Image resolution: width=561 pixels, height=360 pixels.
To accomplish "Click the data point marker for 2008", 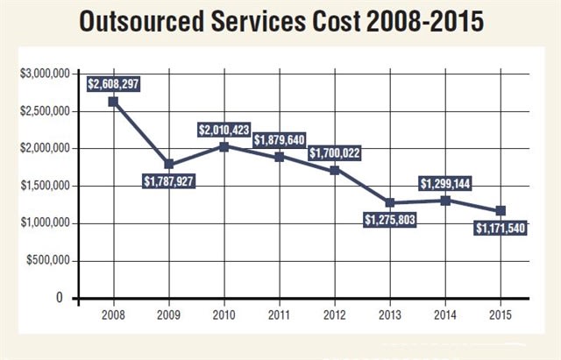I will pos(114,102).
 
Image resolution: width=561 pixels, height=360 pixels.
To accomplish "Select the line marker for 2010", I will pos(225,146).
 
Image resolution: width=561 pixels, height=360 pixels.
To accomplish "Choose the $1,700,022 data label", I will pos(335,153).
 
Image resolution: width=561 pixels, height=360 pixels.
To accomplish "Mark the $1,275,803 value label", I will pos(392,219).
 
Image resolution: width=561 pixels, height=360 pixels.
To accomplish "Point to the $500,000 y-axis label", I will pos(47,260).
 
